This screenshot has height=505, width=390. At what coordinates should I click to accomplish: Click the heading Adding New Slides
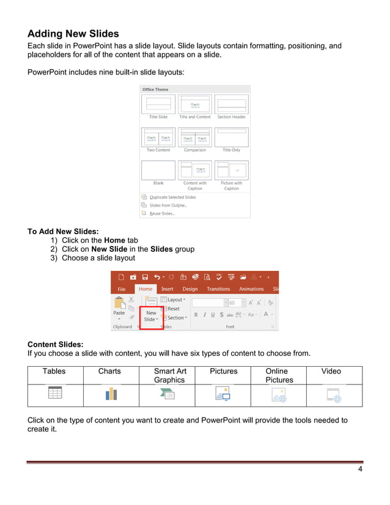tap(73, 34)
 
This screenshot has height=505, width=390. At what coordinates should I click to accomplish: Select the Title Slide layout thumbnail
tap(158, 104)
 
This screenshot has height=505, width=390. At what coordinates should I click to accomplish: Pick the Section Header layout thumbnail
tap(231, 104)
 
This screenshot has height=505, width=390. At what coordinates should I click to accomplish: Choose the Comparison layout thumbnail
tap(195, 137)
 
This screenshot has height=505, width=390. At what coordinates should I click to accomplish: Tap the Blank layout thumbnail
tap(158, 170)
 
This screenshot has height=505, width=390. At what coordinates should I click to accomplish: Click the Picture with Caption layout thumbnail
tap(231, 170)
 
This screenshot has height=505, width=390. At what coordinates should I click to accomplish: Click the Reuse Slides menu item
tap(162, 213)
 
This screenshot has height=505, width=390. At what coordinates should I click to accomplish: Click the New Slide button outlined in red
tap(151, 315)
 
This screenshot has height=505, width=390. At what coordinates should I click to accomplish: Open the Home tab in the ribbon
tap(145, 289)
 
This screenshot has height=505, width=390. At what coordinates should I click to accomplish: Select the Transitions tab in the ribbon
tap(218, 289)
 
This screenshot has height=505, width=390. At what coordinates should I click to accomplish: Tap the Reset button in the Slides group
tap(173, 309)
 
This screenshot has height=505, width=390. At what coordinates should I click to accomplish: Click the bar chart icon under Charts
tap(111, 394)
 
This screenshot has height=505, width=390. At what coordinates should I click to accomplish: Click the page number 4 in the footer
tap(360, 469)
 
